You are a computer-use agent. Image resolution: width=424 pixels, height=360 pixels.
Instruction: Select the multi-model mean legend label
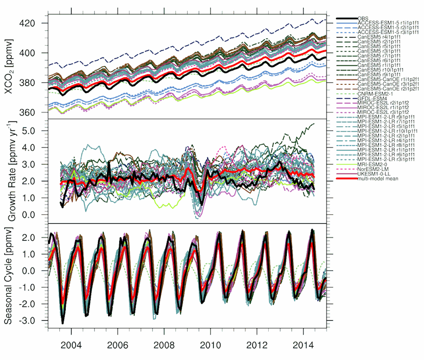point(377,178)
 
